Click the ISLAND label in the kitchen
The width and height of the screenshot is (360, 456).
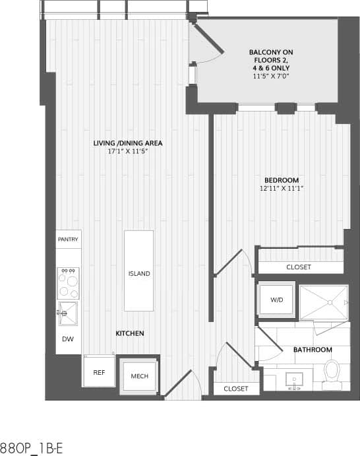pyautogui.click(x=139, y=274)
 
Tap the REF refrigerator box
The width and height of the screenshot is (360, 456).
pyautogui.click(x=99, y=373)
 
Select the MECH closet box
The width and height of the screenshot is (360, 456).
pyautogui.click(x=139, y=376)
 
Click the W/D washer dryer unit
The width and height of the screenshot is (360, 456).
pyautogui.click(x=276, y=300)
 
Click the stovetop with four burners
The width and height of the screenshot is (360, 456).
pyautogui.click(x=68, y=283)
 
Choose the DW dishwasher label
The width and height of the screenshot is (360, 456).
pyautogui.click(x=68, y=339)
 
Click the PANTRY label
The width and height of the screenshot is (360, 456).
pyautogui.click(x=68, y=239)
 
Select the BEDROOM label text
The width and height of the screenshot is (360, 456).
pyautogui.click(x=282, y=180)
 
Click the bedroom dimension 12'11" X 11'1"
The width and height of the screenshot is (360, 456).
pyautogui.click(x=282, y=189)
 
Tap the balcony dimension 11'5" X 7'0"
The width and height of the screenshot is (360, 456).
pyautogui.click(x=271, y=77)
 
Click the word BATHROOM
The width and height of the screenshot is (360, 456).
pyautogui.click(x=313, y=350)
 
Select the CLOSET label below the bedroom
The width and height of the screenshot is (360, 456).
pyautogui.click(x=299, y=267)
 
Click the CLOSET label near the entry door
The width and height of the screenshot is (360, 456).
pyautogui.click(x=235, y=389)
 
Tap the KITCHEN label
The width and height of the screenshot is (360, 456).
pyautogui.click(x=130, y=334)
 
